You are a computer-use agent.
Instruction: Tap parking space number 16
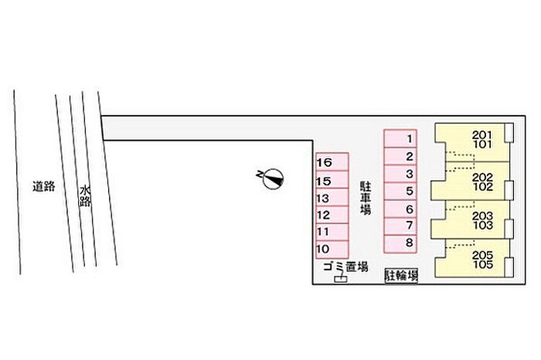pos(332,163)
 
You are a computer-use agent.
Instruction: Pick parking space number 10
pos(332,249)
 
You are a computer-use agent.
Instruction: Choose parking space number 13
pos(332,198)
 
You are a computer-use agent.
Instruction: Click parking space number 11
pos(332,232)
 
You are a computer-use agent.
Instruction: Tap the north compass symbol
pos(271,179)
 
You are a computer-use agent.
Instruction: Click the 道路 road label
pos(44,185)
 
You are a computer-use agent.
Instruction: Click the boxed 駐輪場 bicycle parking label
pos(402,275)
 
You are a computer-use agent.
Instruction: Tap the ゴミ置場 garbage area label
pos(345,267)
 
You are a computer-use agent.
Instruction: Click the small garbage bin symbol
pos(339,280)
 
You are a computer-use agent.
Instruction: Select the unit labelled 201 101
pos(471,140)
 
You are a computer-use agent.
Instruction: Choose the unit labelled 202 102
pos(471,182)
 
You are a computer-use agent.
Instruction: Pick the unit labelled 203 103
pos(471,221)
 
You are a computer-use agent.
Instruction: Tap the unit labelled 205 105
pos(471,260)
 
